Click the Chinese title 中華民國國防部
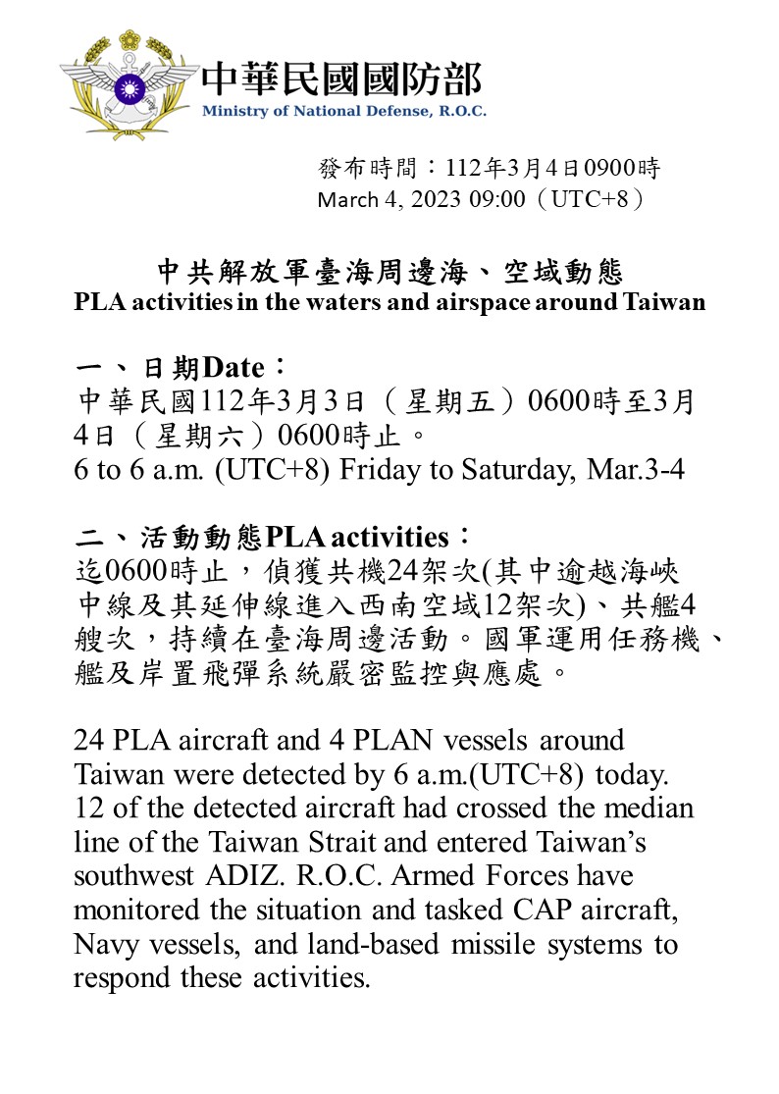(x=341, y=79)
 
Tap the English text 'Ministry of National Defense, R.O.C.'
(x=343, y=111)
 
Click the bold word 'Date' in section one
(x=234, y=369)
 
